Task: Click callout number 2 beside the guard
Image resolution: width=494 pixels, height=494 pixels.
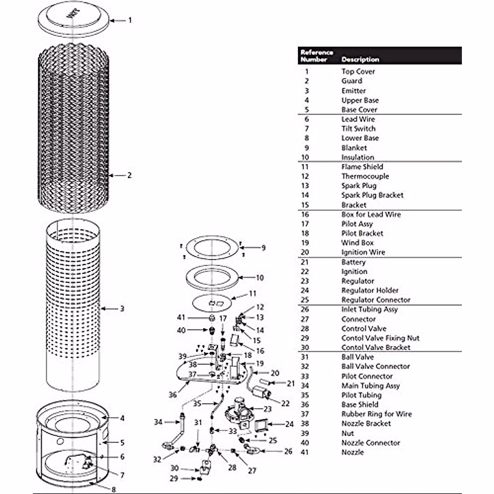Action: [129, 175]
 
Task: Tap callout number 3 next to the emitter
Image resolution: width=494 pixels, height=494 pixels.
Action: [122, 308]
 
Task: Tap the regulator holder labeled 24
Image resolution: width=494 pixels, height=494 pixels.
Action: [263, 426]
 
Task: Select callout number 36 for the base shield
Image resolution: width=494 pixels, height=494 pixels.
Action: [172, 395]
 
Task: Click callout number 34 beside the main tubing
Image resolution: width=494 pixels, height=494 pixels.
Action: [158, 422]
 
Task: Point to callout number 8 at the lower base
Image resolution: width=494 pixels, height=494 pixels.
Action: [114, 490]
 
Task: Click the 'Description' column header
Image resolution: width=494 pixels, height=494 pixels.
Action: [360, 59]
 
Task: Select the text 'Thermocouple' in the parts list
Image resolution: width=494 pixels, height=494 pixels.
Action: [365, 176]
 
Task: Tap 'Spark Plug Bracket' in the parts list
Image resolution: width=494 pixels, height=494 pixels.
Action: [372, 195]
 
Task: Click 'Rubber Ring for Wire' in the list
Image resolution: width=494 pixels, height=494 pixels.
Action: [376, 414]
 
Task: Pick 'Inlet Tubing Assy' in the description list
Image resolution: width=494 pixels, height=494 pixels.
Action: [369, 309]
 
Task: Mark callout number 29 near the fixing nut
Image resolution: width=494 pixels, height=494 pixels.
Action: [174, 478]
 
